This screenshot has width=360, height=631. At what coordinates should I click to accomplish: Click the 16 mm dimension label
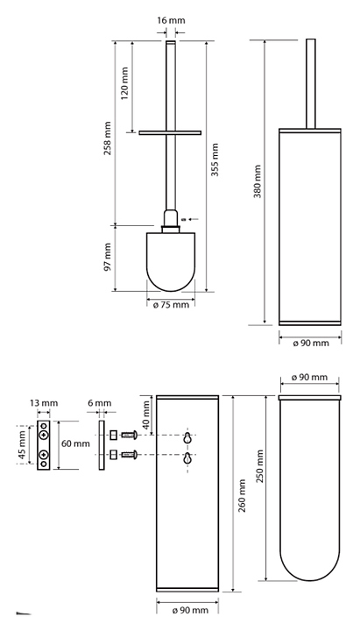(171, 20)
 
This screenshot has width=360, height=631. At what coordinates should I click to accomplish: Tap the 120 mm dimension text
(124, 83)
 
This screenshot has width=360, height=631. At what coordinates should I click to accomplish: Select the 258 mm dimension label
(108, 138)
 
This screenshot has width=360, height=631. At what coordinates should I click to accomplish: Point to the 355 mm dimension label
(215, 160)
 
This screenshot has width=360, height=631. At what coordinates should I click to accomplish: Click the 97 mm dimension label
(108, 256)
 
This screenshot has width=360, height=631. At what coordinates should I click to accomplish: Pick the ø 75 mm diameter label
(171, 305)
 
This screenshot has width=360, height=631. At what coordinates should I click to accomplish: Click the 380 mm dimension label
(258, 181)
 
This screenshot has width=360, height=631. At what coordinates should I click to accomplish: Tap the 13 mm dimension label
(44, 403)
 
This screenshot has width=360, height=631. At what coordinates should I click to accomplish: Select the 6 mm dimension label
(99, 403)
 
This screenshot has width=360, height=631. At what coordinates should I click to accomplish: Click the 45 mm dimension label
(21, 444)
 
